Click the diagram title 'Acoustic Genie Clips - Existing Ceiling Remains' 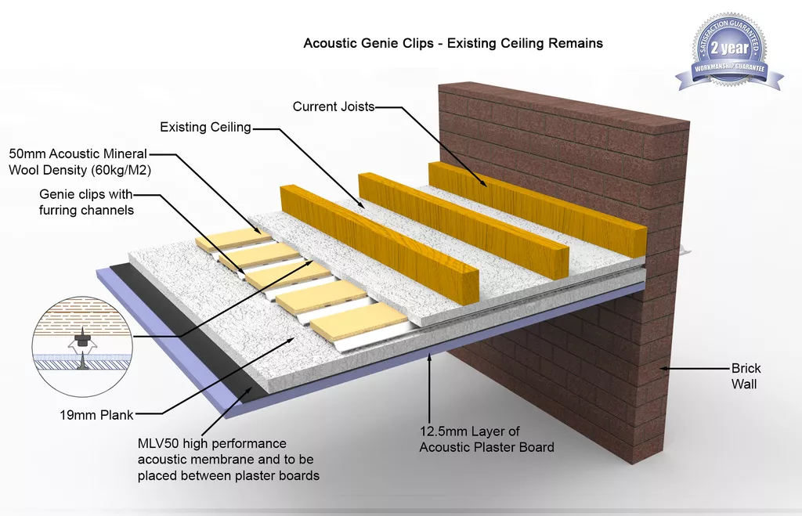pos(453,43)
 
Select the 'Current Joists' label pos(334,106)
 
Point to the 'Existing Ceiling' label pos(206,127)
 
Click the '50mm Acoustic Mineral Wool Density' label pos(80,161)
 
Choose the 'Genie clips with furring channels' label pos(86,202)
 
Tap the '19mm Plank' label pos(96,415)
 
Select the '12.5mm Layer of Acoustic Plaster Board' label pos(486,439)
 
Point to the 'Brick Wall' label pos(746,376)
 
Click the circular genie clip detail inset pos(82,346)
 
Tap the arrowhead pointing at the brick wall pos(664,368)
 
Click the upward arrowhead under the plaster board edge pos(429,357)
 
